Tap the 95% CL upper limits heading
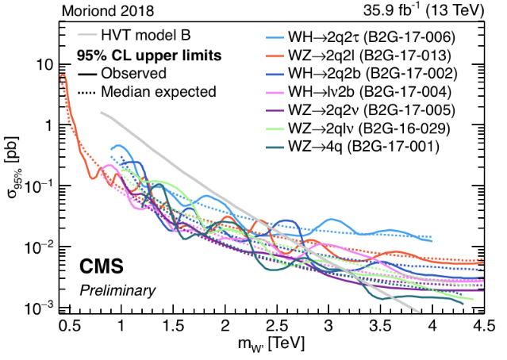coord(148,56)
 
